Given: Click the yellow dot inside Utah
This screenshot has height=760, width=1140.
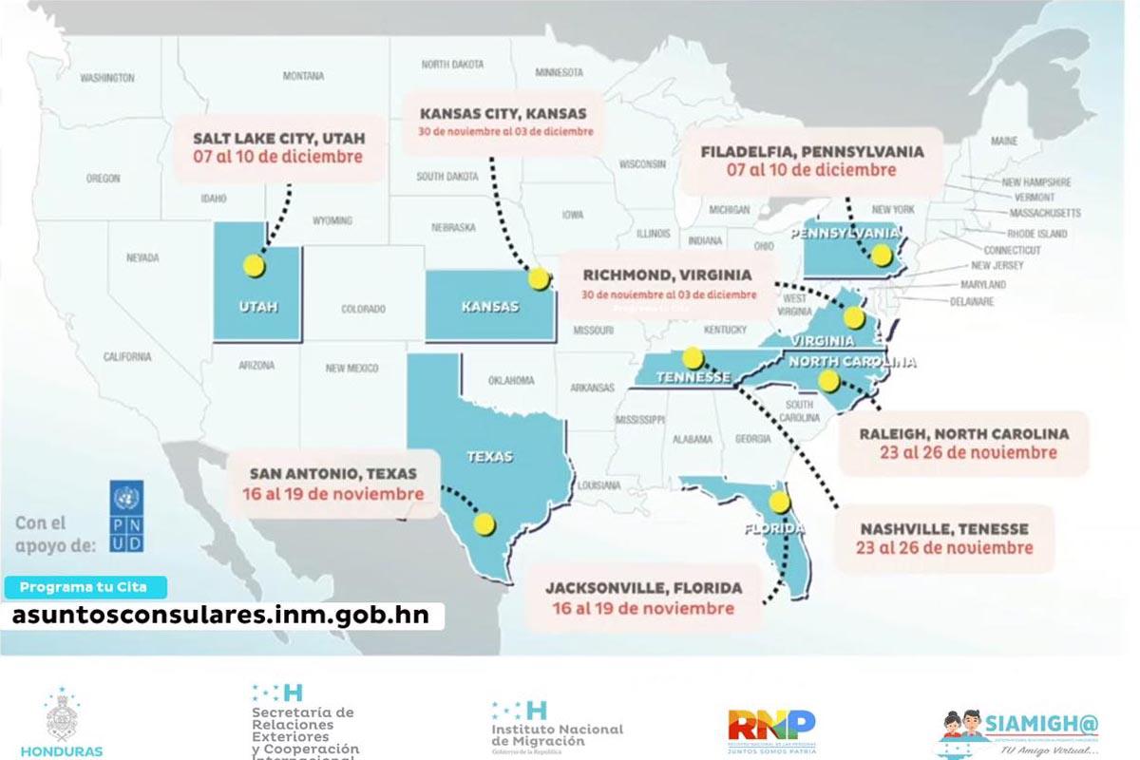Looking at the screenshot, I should [x=253, y=266].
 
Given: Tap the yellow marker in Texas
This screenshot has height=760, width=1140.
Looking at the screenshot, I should [x=485, y=522].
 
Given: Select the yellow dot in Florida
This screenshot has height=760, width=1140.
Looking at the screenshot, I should [x=780, y=502].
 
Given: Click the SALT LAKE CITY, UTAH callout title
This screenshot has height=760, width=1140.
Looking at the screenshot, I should [x=279, y=137].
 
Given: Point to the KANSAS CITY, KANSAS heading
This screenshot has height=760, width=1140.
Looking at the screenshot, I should [x=503, y=113].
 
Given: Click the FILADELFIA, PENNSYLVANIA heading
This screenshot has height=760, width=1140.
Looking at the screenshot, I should [x=812, y=151].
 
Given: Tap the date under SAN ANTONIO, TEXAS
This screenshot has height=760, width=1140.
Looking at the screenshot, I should [x=332, y=494].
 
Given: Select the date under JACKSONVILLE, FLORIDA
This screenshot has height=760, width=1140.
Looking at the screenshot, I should [x=643, y=608].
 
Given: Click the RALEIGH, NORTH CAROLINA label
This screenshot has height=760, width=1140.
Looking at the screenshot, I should [x=964, y=433].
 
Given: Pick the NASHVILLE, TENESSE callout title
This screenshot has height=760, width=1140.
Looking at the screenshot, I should [x=944, y=528].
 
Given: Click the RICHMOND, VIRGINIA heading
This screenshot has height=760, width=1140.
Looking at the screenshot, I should [x=668, y=275].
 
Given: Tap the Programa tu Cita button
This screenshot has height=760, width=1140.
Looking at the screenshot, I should [x=85, y=587].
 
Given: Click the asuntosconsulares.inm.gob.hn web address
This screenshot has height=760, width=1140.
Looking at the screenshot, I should [x=220, y=615].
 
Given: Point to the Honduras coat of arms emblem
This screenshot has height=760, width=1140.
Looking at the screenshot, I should [x=63, y=717].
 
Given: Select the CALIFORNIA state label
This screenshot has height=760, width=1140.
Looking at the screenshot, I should [x=127, y=357].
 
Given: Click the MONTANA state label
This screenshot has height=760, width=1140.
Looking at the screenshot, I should [x=303, y=76].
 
